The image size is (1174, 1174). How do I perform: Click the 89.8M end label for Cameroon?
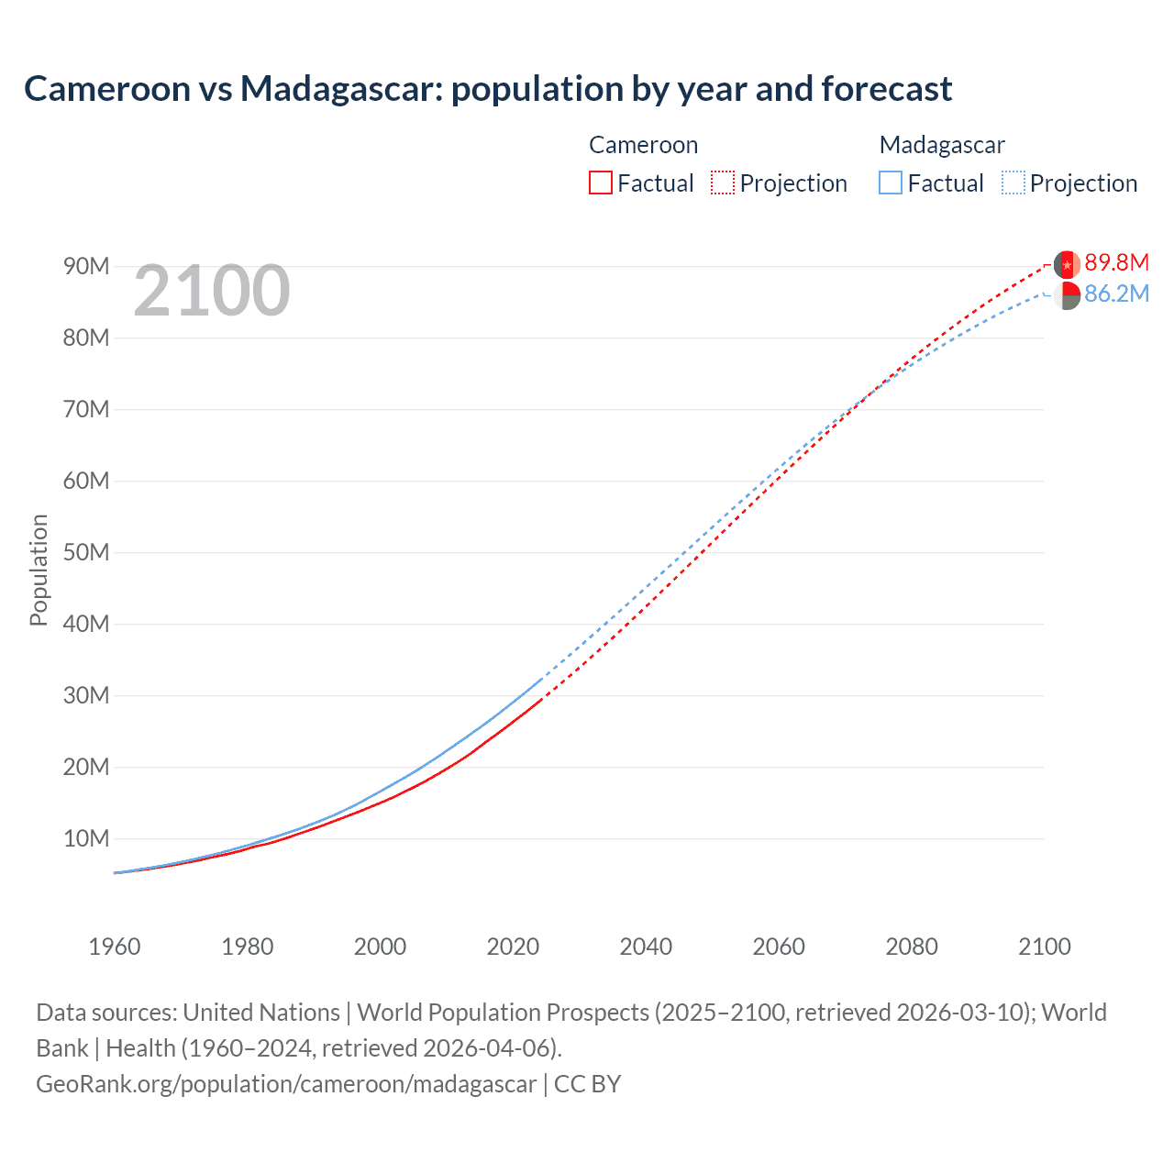[x=1116, y=263]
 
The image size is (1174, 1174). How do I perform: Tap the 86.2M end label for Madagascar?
[x=1116, y=294]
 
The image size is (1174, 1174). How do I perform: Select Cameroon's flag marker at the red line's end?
[x=1067, y=264]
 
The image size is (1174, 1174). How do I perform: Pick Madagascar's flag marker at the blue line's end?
[x=1067, y=295]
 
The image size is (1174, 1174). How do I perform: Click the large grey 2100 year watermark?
[x=212, y=292]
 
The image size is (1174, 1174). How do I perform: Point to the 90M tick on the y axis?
[x=86, y=267]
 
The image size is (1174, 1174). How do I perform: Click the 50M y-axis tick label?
[x=86, y=553]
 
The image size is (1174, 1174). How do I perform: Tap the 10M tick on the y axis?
[x=86, y=839]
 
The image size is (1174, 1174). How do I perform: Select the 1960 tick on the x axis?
[x=115, y=947]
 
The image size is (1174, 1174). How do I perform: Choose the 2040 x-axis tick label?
[x=646, y=947]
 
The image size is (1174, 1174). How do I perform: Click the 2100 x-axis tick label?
[x=1044, y=947]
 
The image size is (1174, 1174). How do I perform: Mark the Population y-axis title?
[x=39, y=570]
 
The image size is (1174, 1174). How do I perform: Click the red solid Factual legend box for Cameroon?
[x=600, y=183]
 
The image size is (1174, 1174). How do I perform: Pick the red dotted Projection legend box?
[x=723, y=183]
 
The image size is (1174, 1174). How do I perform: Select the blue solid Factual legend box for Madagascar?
[x=890, y=183]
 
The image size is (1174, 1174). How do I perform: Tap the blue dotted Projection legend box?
[x=1013, y=183]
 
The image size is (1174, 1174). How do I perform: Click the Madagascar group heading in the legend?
[x=941, y=145]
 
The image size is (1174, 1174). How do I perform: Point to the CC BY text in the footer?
[x=587, y=1084]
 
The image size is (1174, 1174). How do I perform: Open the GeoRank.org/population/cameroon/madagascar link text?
[x=286, y=1084]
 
